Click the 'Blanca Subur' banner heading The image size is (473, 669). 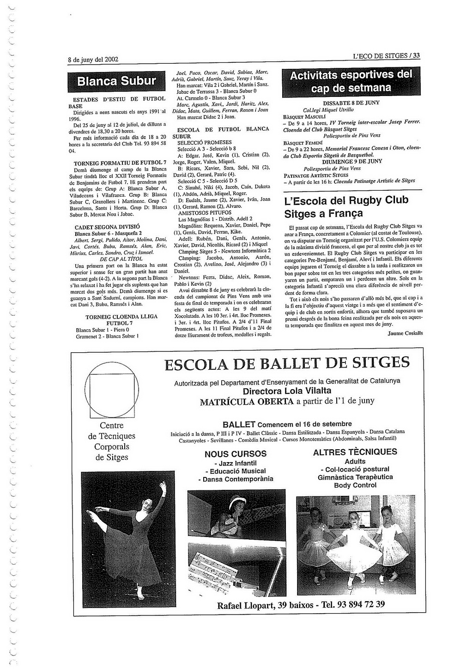(116, 81)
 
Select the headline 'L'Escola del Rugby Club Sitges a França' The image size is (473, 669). (346, 207)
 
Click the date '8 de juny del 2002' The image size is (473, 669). (93, 60)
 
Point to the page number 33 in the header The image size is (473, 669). (416, 56)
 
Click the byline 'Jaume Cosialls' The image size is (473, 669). (405, 333)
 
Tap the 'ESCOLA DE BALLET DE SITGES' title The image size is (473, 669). (287, 363)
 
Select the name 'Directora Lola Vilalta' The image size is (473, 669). (287, 391)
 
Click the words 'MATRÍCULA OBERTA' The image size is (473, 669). (247, 402)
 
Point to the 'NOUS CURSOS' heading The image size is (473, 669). (236, 454)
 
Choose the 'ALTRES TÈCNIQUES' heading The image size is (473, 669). (355, 452)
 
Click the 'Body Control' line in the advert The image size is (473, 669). (355, 485)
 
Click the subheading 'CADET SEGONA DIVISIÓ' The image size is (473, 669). (107, 227)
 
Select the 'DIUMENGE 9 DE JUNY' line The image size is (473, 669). (352, 161)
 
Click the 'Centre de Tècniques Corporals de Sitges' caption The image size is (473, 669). (112, 441)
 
